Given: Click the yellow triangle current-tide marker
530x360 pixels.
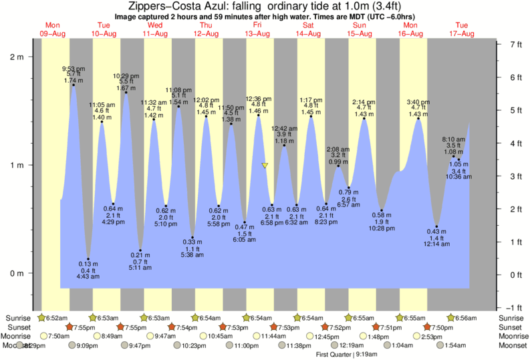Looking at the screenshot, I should click(265, 166).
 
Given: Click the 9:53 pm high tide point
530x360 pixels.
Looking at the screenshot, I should click(73, 85).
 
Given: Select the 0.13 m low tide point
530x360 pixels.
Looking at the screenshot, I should click(88, 259).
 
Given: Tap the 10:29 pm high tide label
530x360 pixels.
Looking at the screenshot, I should click(126, 75).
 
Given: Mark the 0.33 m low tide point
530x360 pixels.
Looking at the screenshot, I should click(192, 237).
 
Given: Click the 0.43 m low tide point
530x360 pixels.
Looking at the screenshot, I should click(436, 227).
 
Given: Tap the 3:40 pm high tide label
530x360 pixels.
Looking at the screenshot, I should click(418, 102).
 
